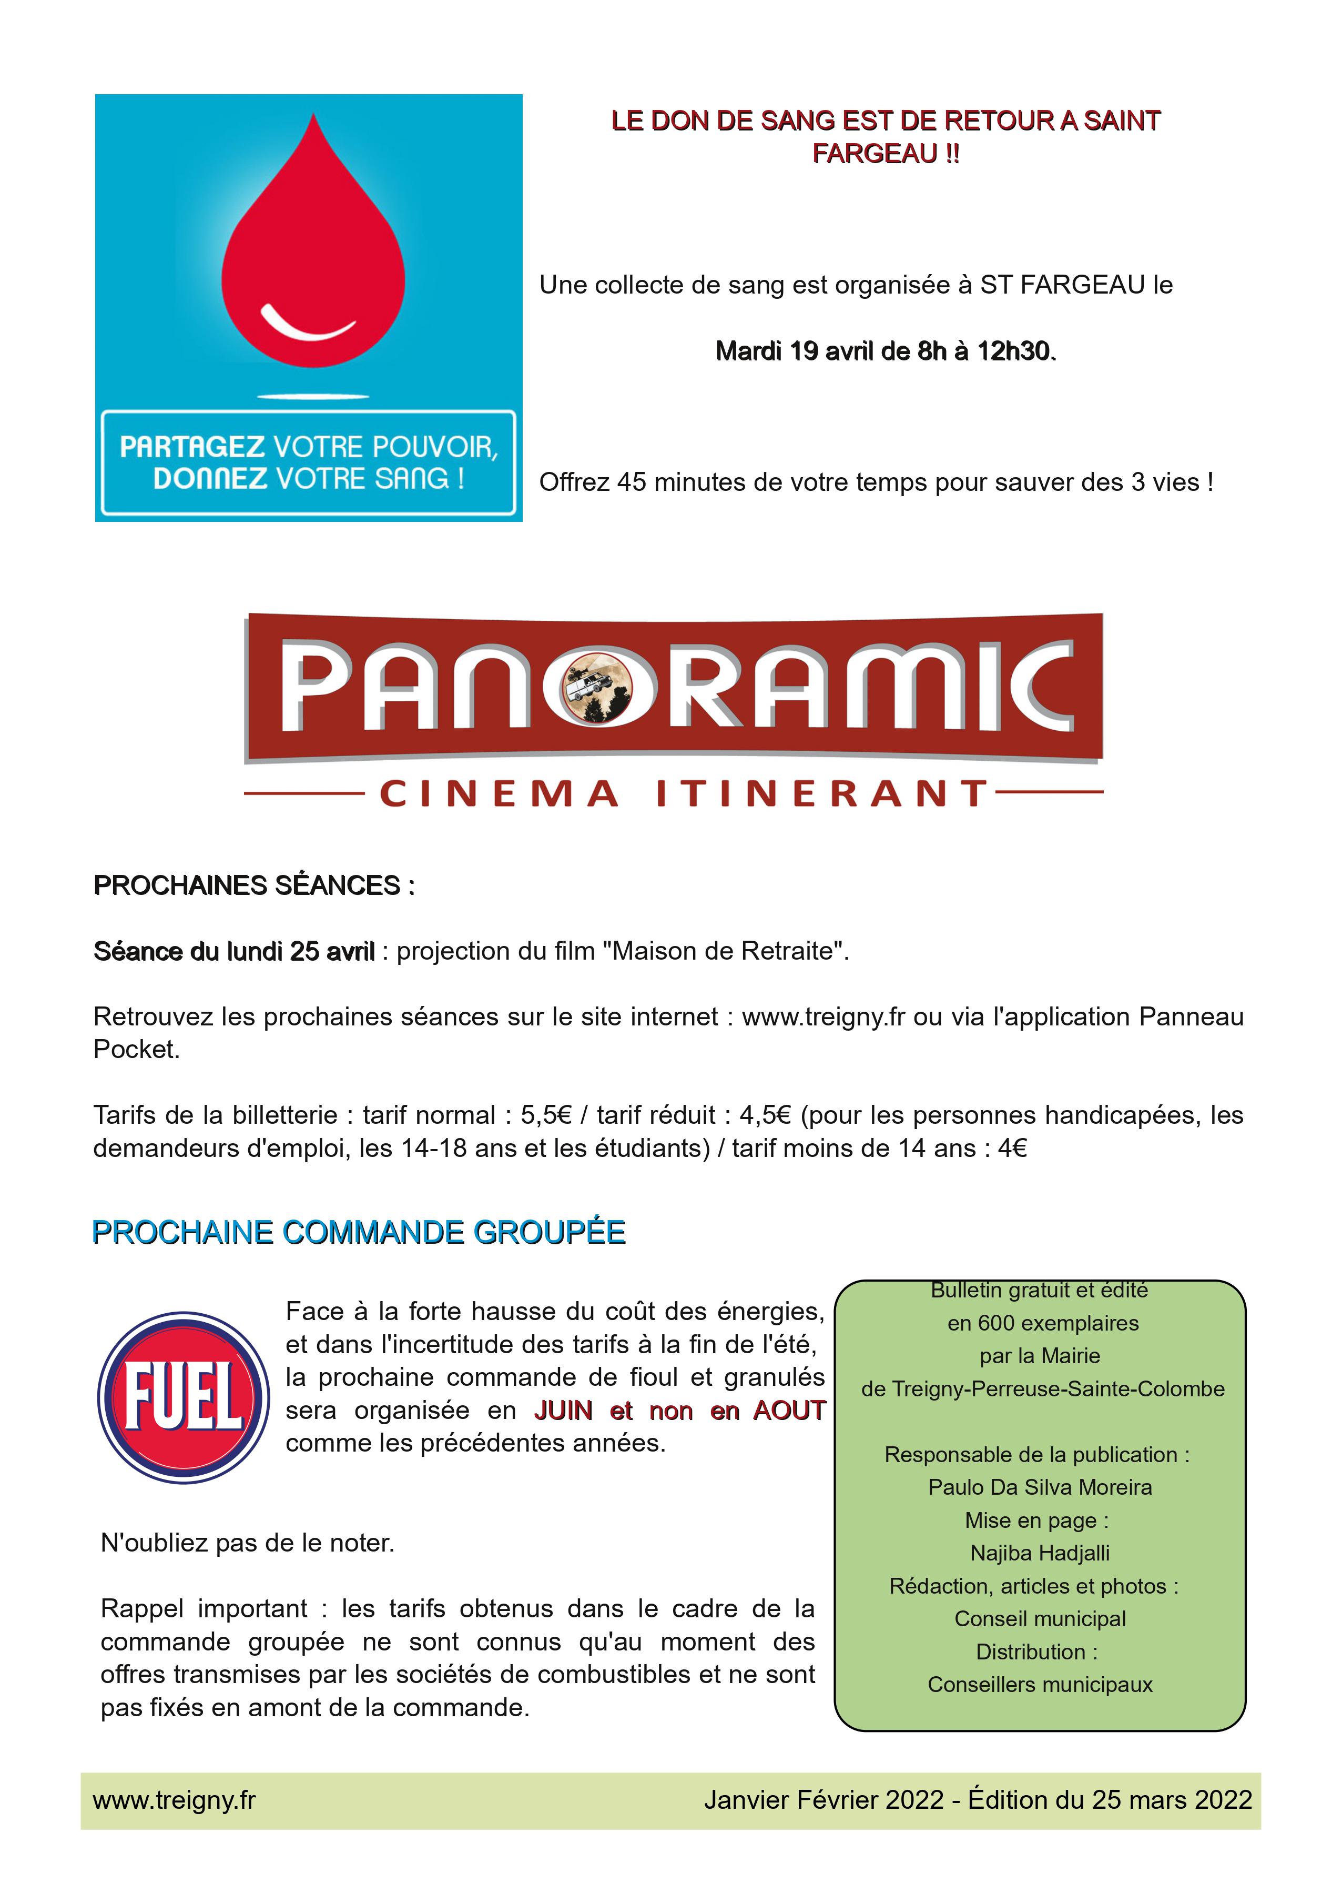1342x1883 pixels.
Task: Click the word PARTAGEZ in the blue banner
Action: pyautogui.click(x=192, y=447)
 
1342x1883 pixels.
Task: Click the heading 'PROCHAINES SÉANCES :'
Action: pyautogui.click(x=253, y=885)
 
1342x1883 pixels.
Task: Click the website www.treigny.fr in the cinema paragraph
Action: pyautogui.click(x=823, y=1016)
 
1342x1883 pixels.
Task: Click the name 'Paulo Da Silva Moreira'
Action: pyautogui.click(x=1040, y=1487)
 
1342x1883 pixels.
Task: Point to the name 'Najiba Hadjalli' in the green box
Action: pyautogui.click(x=1040, y=1553)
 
